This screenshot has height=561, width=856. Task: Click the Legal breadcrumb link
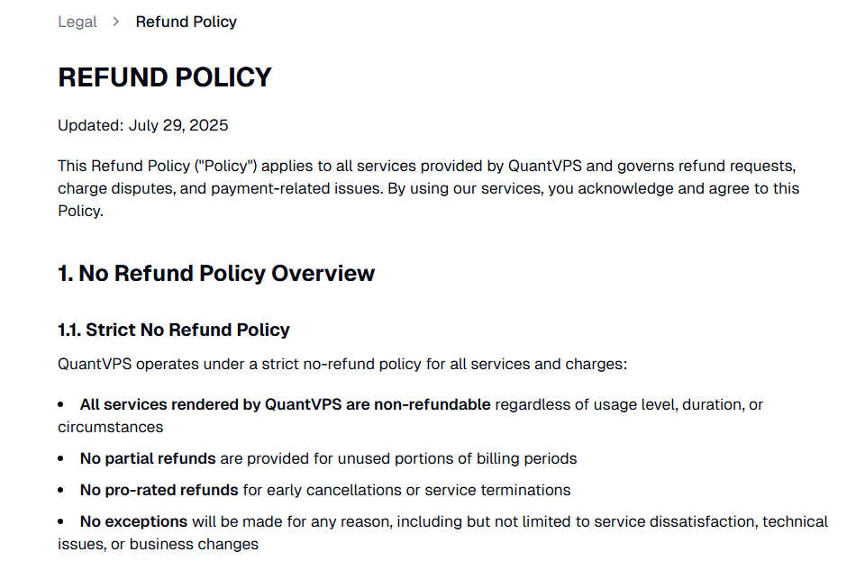77,22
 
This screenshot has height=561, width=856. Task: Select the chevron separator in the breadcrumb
116,22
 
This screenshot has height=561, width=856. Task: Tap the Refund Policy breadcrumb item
186,22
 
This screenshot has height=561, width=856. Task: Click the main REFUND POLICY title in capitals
165,77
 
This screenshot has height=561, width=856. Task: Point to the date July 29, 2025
178,125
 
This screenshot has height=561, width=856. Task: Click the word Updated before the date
88,125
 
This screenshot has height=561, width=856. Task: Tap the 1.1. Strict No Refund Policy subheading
174,330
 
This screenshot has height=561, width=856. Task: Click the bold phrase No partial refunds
148,458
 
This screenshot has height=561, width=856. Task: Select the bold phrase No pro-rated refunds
159,490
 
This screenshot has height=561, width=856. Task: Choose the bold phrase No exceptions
133,521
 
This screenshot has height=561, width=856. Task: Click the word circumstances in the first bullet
110,427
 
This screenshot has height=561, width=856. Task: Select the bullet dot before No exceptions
61,522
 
